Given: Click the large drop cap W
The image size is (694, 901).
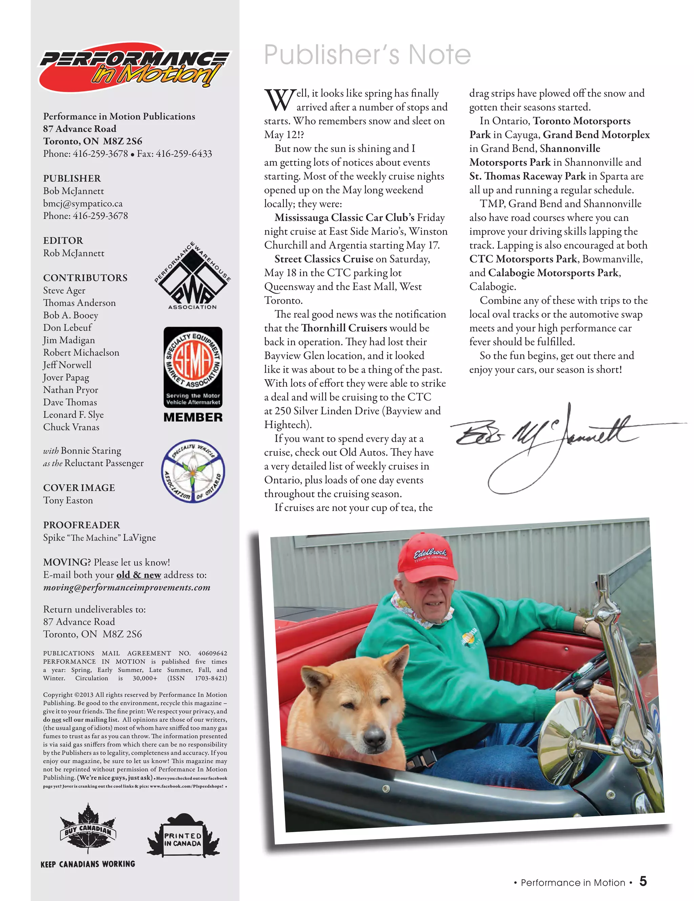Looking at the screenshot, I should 279,100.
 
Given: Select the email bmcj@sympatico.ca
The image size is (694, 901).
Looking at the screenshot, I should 83,203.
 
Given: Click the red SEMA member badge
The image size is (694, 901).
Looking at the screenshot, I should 193,367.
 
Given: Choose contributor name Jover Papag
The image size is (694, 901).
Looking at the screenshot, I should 66,377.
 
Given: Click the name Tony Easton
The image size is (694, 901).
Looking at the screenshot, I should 68,500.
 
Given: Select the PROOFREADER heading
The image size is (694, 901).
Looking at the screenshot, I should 81,525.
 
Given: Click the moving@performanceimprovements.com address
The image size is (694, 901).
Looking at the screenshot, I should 127,588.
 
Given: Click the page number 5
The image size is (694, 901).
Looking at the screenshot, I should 643,882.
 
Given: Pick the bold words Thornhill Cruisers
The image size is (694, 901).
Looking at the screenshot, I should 344,328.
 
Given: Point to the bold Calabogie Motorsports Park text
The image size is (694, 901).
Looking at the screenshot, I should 554,273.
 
